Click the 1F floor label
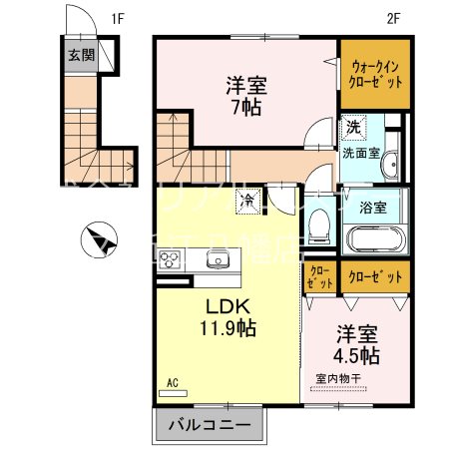point(117,17)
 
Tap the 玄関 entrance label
point(82,54)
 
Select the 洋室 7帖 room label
point(245,96)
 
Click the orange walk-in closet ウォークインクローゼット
point(375,74)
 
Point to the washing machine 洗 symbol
point(353,128)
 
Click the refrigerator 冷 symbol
point(245,201)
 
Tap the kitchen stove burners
point(171,261)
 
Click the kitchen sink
point(218,260)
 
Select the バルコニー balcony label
point(211,427)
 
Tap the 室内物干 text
point(341,378)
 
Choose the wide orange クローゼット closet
point(375,275)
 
